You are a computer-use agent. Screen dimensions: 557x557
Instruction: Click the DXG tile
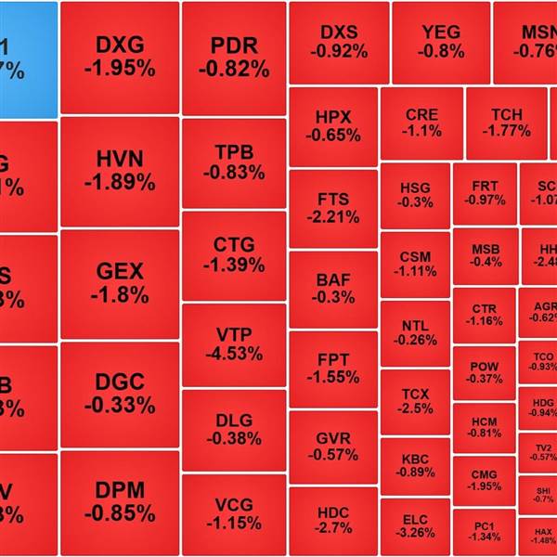(x=120, y=56)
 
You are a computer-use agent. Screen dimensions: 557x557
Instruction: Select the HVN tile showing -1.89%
(x=120, y=171)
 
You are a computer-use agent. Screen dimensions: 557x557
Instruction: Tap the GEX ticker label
(x=120, y=271)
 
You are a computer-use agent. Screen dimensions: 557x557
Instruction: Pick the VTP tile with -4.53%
(x=233, y=344)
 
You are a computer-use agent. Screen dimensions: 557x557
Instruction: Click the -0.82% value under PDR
(x=233, y=69)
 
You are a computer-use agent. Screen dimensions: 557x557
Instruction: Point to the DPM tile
(x=120, y=501)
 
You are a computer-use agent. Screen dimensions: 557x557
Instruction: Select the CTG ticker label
(x=233, y=245)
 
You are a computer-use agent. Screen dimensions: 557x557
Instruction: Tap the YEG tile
(x=440, y=42)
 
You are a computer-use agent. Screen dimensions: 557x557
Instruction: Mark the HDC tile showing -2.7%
(x=334, y=520)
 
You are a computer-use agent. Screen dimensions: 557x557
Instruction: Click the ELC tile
(x=415, y=525)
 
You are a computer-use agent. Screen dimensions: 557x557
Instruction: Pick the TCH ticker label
(x=507, y=115)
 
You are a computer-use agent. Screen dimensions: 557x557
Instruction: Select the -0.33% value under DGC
(x=120, y=406)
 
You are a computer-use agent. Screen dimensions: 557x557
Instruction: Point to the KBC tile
(x=415, y=464)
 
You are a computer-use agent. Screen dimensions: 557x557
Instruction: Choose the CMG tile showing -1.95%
(x=484, y=480)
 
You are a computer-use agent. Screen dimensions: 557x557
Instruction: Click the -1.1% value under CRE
(x=422, y=131)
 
